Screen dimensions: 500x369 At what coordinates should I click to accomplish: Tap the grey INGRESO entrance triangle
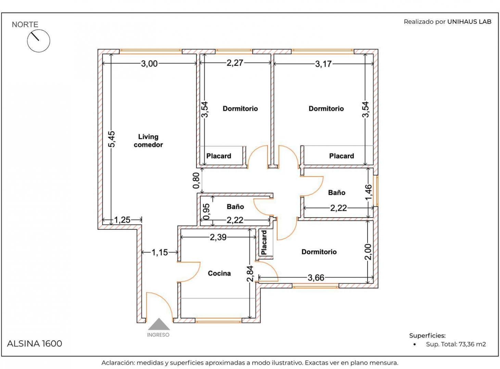159,325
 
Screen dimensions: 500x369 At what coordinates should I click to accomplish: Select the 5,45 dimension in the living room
112,139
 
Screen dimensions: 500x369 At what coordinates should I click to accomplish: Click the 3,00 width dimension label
149,64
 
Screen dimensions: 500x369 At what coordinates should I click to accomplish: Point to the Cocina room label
219,273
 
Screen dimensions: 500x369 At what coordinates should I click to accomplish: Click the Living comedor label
148,141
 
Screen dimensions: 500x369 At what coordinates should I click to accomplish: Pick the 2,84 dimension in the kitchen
250,274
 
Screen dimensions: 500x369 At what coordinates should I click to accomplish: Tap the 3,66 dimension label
316,278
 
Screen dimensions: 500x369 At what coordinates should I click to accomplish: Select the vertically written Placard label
264,243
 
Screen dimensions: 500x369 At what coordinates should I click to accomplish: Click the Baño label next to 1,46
336,192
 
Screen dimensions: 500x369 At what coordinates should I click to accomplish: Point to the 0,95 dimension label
206,211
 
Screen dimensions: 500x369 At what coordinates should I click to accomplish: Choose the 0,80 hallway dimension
196,180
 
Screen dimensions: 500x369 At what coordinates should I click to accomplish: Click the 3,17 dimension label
323,64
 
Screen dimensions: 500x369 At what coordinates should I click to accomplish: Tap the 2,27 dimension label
235,63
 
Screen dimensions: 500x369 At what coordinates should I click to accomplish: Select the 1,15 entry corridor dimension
159,252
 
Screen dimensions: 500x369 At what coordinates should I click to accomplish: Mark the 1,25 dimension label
122,220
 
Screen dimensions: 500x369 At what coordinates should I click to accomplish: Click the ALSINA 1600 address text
35,344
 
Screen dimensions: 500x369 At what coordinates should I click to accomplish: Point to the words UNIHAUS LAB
469,22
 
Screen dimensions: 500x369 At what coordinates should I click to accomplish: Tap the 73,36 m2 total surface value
472,344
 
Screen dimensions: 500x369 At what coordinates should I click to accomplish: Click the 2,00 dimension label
368,252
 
